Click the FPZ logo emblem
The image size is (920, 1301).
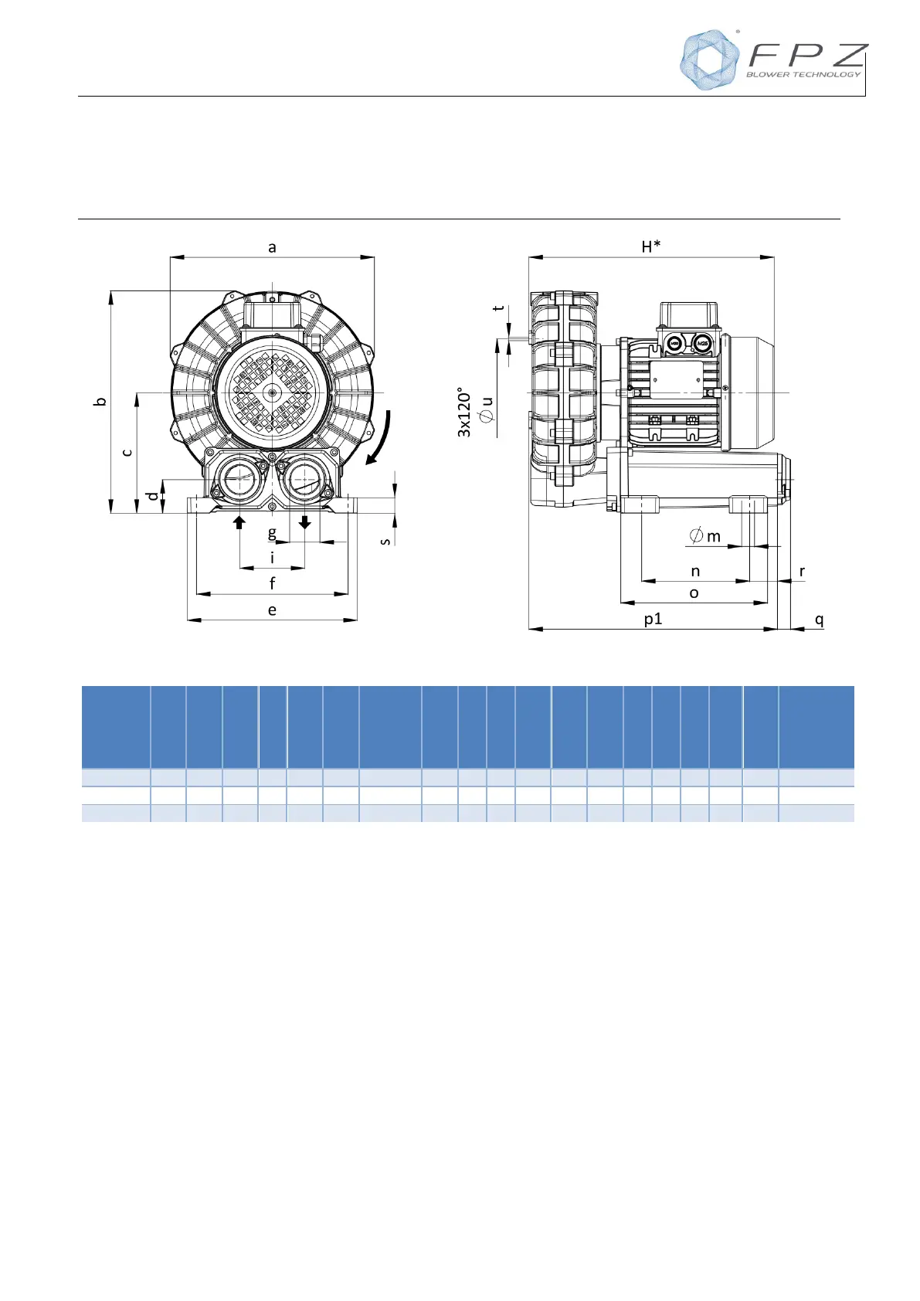coord(709,59)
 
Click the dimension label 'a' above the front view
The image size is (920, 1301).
coord(272,248)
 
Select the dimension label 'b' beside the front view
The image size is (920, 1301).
coord(100,401)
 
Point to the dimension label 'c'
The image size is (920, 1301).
coord(127,452)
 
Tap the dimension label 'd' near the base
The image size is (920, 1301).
coord(152,496)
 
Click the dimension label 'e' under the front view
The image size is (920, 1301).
coord(272,610)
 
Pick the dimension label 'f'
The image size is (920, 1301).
coord(273,583)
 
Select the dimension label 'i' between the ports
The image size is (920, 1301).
coord(272,558)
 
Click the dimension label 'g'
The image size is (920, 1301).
coord(272,532)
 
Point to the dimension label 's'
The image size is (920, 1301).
coord(385,542)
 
